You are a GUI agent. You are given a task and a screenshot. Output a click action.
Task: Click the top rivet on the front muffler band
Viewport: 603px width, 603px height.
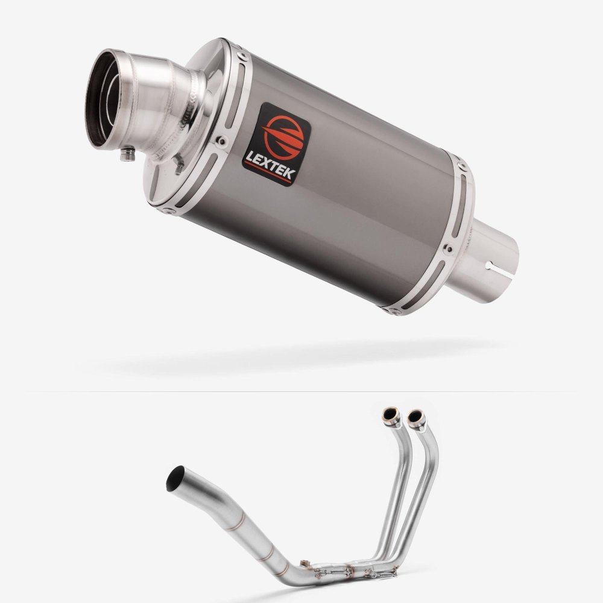[x=242, y=56]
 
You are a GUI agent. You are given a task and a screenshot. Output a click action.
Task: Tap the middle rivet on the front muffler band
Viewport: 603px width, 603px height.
[x=221, y=140]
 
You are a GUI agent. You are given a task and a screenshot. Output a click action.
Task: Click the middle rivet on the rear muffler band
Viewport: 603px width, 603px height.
[x=447, y=249]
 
